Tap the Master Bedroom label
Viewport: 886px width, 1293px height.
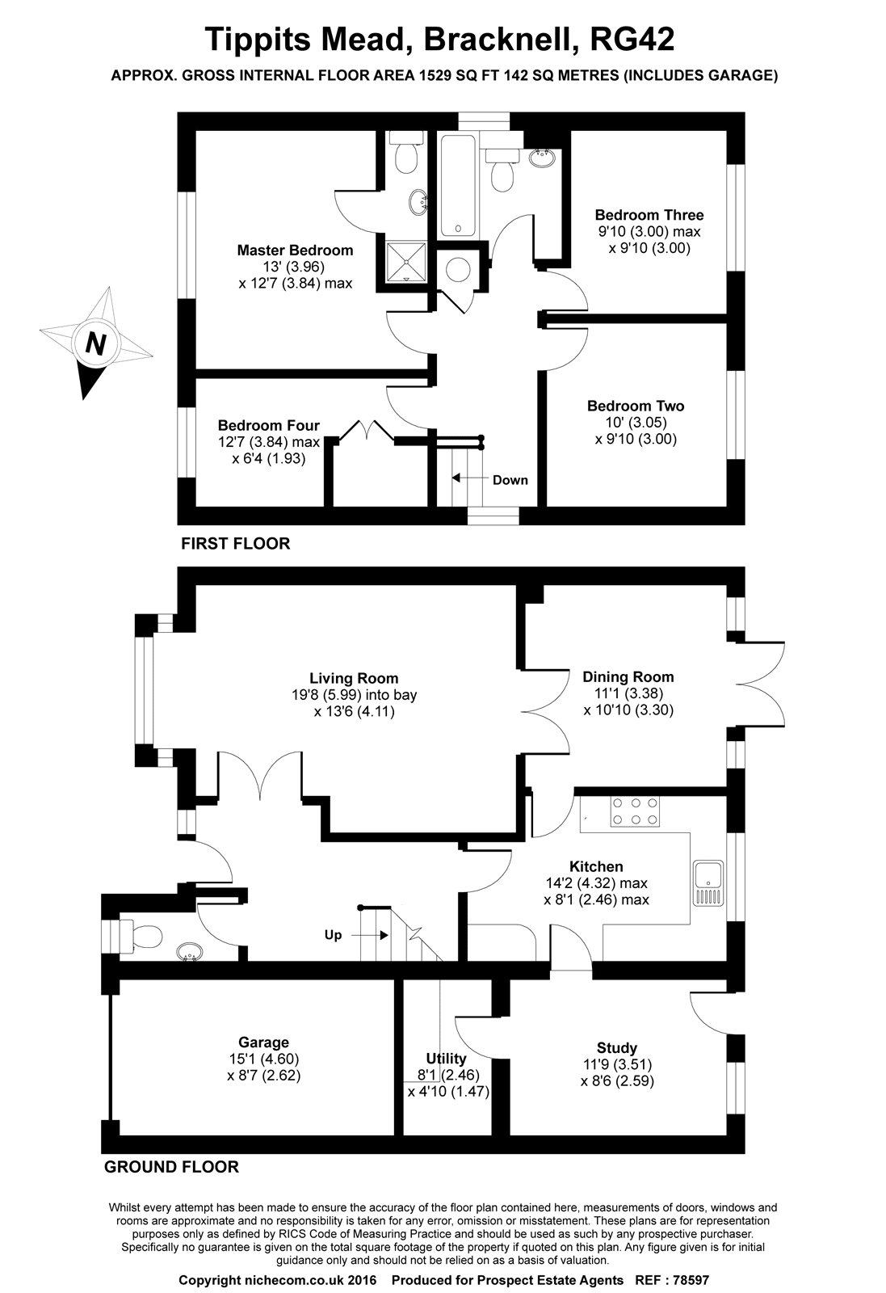pyautogui.click(x=295, y=250)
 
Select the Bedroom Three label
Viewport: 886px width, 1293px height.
pyautogui.click(x=649, y=215)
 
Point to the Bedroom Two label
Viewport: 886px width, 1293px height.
pyautogui.click(x=636, y=406)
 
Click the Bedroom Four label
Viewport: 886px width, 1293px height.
pyautogui.click(x=268, y=425)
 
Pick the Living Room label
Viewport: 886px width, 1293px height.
pyautogui.click(x=354, y=678)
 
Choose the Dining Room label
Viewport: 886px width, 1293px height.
pyautogui.click(x=628, y=676)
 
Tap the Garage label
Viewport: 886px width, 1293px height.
pyautogui.click(x=263, y=1042)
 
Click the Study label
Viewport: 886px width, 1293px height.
pyautogui.click(x=617, y=1047)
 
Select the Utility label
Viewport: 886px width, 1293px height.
pyautogui.click(x=446, y=1058)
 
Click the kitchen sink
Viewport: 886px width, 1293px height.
pyautogui.click(x=708, y=885)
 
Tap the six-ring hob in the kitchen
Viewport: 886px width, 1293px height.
pyautogui.click(x=635, y=812)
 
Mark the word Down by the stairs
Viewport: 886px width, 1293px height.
pyautogui.click(x=510, y=480)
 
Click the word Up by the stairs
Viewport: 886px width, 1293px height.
pyautogui.click(x=333, y=935)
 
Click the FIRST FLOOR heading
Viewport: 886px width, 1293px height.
pyautogui.click(x=235, y=544)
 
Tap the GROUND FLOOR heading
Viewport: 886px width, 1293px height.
pyautogui.click(x=171, y=1167)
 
